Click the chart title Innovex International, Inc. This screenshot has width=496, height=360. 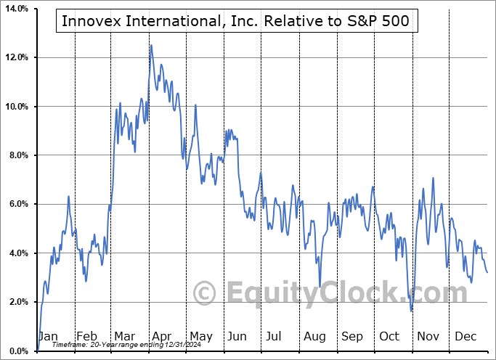coord(236,21)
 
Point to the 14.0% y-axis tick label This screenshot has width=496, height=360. coord(15,9)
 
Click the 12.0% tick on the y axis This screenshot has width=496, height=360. coord(15,57)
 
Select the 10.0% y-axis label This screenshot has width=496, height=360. coord(15,107)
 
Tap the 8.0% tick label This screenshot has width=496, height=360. coord(17,155)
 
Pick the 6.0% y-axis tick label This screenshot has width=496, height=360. coord(17,204)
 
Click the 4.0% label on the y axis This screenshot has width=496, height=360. coord(17,253)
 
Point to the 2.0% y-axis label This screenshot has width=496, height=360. coord(17,302)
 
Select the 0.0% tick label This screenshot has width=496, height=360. coord(17,351)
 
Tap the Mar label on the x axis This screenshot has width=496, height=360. coord(124,337)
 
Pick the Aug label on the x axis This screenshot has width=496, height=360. coord(314,337)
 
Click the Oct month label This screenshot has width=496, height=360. coord(390,337)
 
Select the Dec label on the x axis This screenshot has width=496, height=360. coord(465,337)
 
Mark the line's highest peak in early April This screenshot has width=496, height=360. coord(151,46)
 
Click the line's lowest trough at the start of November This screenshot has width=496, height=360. coord(412,311)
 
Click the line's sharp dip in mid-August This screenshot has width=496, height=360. coord(320,287)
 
